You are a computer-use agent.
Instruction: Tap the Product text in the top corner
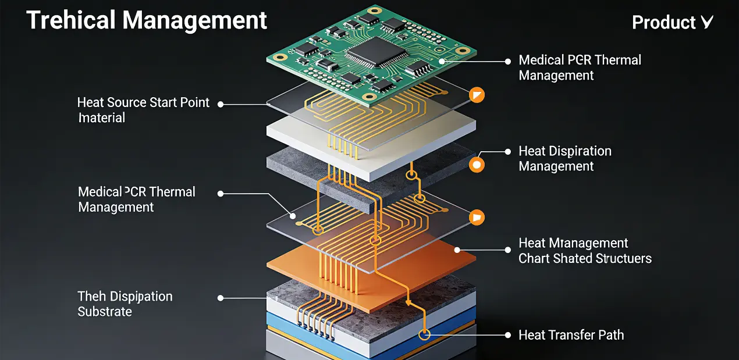663,23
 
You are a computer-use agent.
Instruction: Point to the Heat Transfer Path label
571,335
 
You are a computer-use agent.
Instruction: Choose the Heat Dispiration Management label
564,159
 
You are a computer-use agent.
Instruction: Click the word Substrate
105,312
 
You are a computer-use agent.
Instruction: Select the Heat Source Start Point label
143,103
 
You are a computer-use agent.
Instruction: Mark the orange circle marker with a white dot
477,165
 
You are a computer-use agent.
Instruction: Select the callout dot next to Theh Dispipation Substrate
221,298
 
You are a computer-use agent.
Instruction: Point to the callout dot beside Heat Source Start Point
221,104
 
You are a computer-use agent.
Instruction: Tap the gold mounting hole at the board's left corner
281,58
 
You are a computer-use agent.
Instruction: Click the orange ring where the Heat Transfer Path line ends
425,334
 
